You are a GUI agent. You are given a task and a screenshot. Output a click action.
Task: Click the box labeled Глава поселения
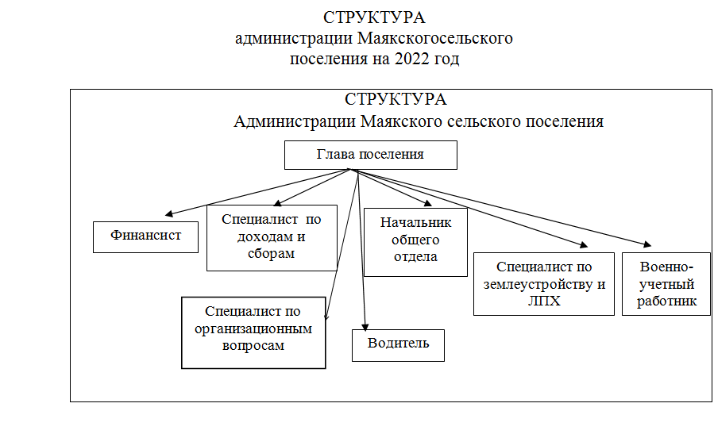(371, 156)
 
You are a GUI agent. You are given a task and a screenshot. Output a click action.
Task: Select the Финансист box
(145, 237)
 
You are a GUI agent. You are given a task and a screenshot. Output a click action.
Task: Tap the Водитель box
(398, 345)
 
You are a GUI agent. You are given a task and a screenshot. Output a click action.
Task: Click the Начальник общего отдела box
(415, 242)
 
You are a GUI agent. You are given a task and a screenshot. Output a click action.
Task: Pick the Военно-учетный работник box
(666, 284)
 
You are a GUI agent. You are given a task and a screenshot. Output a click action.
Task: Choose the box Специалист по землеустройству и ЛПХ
(544, 284)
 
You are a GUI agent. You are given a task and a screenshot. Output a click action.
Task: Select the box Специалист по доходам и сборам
(272, 238)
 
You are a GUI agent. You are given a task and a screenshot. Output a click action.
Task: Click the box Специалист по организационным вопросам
(253, 332)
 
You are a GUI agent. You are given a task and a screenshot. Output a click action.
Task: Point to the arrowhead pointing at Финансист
(169, 213)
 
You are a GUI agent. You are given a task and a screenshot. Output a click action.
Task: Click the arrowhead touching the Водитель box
(365, 327)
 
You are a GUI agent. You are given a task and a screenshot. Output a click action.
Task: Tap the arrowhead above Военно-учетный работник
(647, 244)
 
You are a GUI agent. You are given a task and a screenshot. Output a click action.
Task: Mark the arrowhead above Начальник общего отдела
(427, 203)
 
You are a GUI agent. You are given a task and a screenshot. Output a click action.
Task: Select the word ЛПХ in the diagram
(544, 301)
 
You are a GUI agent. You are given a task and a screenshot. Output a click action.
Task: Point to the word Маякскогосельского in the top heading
(435, 38)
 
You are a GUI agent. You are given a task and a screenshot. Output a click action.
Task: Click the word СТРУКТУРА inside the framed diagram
(396, 99)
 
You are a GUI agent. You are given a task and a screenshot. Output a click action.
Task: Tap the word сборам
(272, 253)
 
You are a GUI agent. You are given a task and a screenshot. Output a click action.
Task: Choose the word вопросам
(253, 346)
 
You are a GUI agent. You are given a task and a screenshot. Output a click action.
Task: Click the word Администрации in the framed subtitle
(295, 121)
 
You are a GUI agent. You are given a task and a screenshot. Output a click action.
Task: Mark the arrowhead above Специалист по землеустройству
(584, 244)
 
